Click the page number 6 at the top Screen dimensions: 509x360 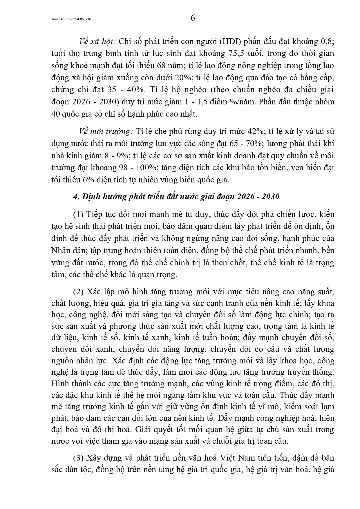tap(193, 18)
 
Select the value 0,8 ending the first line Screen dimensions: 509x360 tap(328, 41)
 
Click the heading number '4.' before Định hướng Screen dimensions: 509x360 tap(76, 197)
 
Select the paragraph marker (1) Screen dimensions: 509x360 tap(78, 215)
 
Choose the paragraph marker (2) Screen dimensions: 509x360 tap(78, 292)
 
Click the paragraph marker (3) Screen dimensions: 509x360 tap(78, 458)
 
